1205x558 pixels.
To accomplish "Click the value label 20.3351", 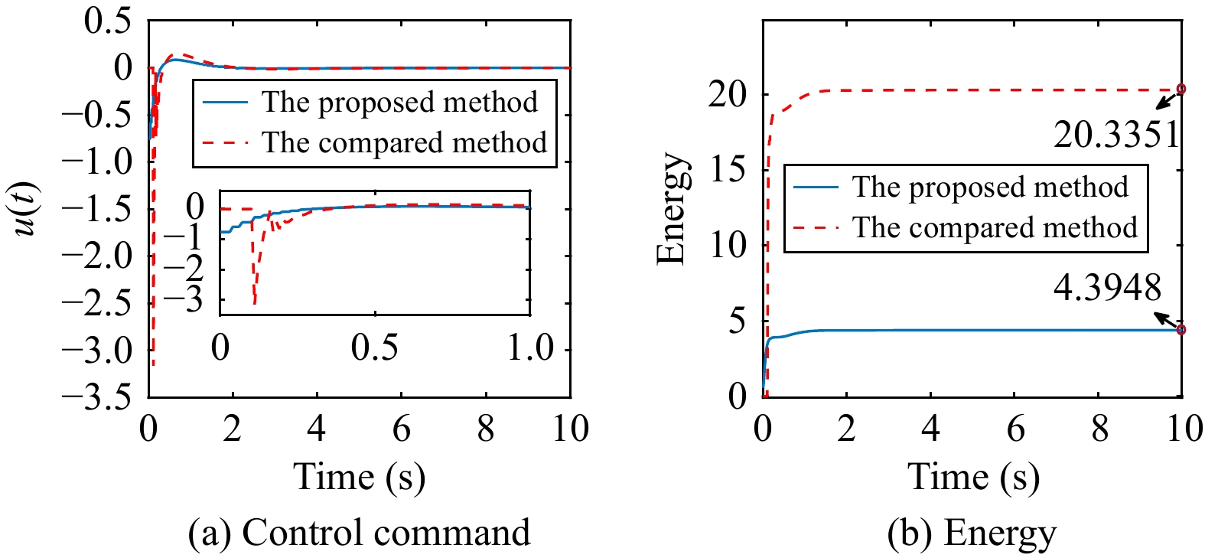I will pos(1116,135).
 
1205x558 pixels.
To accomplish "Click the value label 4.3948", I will pos(1107,288).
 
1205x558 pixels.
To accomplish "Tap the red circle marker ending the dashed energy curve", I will pos(1181,89).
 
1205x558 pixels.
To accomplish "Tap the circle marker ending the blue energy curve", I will pos(1181,330).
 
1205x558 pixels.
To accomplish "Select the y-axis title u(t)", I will pos(28,209).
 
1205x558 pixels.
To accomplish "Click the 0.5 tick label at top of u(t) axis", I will pos(108,21).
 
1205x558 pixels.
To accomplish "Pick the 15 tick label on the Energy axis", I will pos(728,169).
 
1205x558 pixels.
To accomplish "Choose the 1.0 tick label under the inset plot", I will pos(530,348).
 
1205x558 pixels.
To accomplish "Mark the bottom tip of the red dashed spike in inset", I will pos(254,304).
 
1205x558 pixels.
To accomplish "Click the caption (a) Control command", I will pos(359,533).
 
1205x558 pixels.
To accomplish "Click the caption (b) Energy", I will pos(972,533).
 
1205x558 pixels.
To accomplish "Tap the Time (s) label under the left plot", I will pos(359,476).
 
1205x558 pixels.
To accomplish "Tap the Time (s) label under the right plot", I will pos(973,476).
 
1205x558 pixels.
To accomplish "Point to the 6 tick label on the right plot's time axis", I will pos(1014,429).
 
